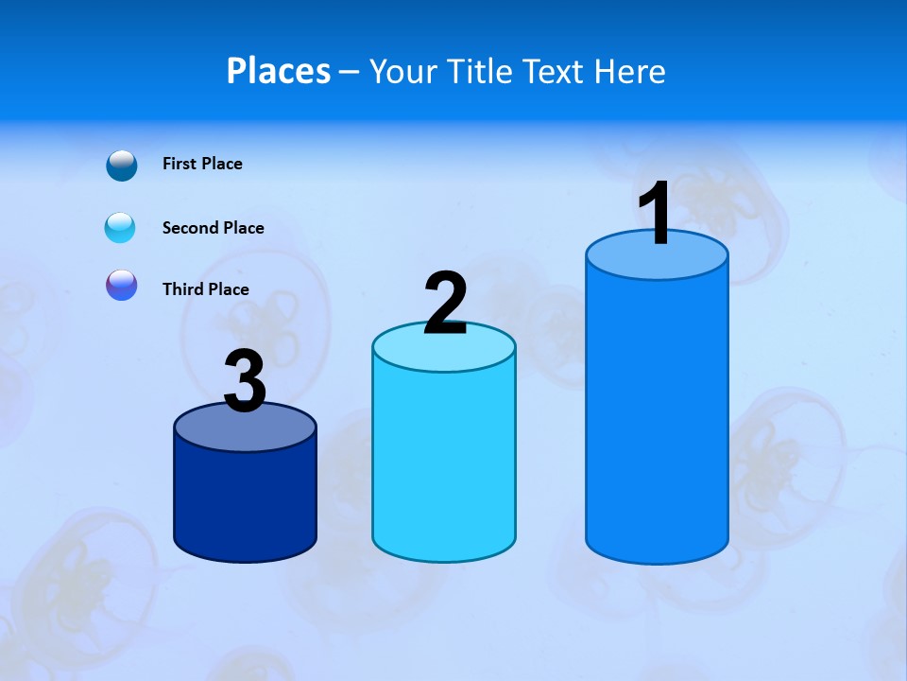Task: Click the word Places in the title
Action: tap(279, 71)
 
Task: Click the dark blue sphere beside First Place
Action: tap(122, 165)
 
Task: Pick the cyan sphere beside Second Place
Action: tap(120, 228)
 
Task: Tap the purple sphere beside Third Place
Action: tap(122, 285)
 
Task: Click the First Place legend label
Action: tap(202, 164)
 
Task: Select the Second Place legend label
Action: tap(213, 228)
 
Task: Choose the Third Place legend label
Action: tap(205, 289)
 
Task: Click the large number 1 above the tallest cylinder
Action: tap(656, 214)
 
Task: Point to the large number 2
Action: tap(445, 304)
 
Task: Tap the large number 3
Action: tap(245, 381)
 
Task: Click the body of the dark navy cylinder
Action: tap(245, 501)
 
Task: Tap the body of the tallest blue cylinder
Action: tap(657, 416)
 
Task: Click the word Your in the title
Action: tap(403, 71)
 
